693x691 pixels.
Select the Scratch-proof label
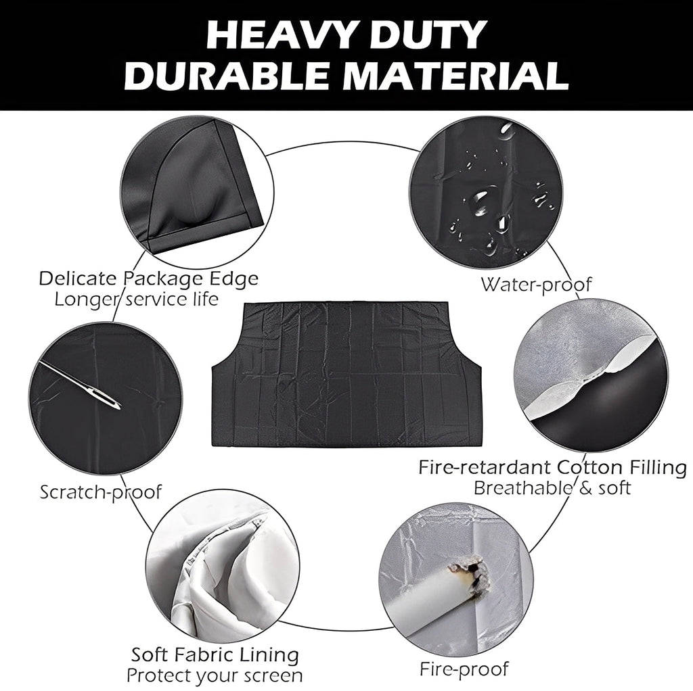(x=101, y=492)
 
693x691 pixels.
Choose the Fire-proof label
(x=464, y=670)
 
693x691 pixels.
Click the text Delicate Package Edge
(x=148, y=279)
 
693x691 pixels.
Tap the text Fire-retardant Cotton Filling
(x=552, y=467)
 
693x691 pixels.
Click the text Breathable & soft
(x=552, y=487)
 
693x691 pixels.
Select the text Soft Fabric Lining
(x=215, y=654)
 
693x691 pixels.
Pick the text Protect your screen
(x=214, y=675)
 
